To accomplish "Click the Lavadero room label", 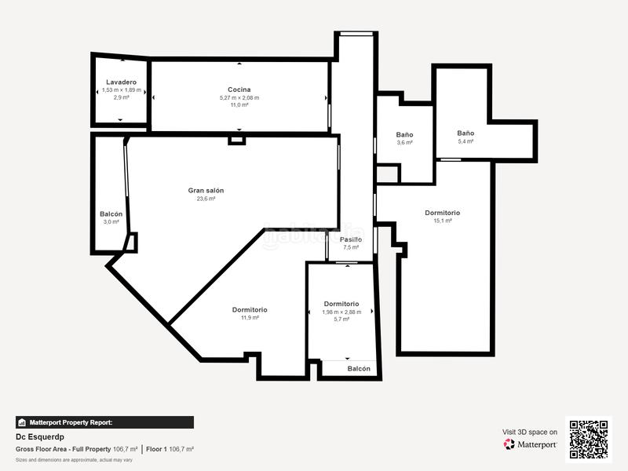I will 121,82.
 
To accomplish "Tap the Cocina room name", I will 239,89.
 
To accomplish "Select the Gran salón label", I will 206,190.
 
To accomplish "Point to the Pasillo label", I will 350,239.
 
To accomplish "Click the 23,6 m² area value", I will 206,199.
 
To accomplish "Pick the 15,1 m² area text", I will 442,221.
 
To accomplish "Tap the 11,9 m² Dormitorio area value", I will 249,318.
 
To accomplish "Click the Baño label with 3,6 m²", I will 404,135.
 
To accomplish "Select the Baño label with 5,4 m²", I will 466,133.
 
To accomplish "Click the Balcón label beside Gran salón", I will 111,214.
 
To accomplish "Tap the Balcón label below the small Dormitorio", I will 359,369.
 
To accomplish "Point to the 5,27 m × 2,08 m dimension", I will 239,97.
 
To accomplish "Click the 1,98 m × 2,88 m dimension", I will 341,312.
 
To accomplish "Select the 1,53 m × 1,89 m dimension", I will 121,90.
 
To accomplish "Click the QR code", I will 588,439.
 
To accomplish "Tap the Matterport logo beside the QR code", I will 531,444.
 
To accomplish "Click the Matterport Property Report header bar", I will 104,422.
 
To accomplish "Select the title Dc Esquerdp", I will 40,436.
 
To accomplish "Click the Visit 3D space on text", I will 530,432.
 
